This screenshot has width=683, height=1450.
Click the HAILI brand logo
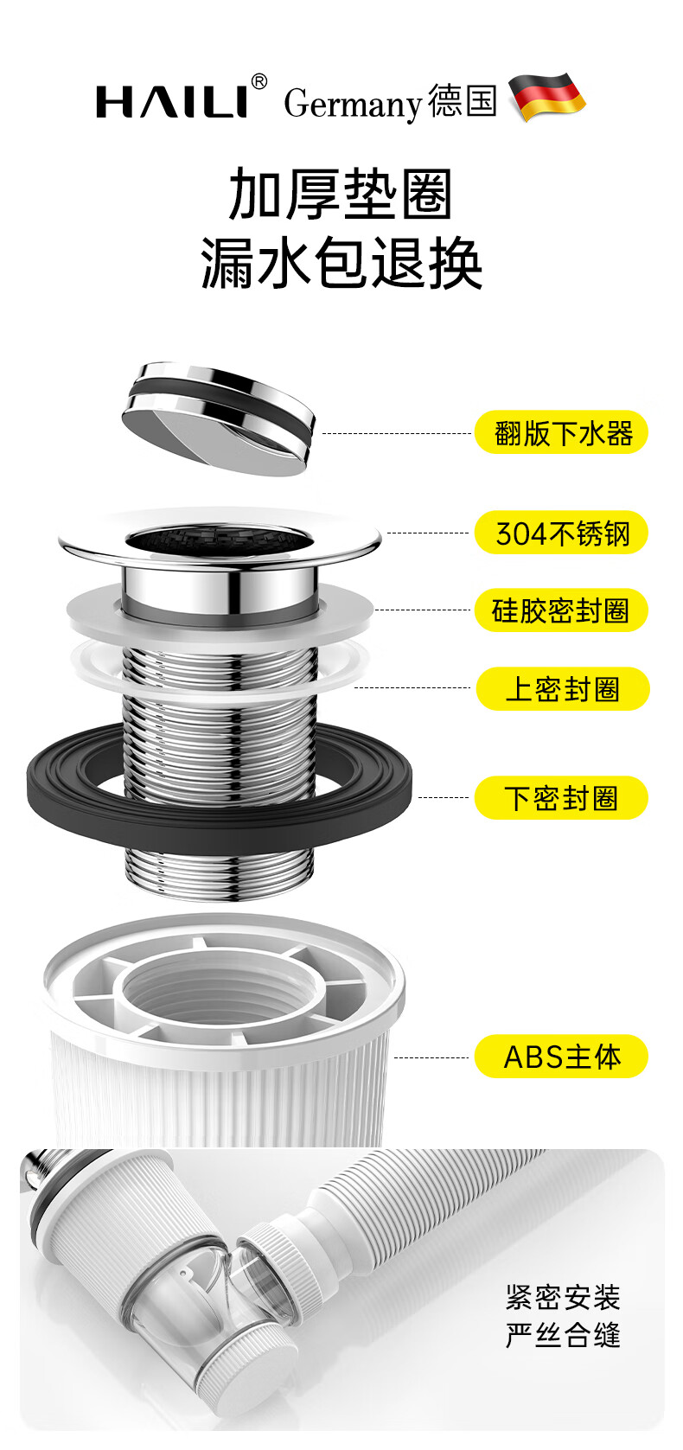point(172,101)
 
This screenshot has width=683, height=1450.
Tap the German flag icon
point(546,97)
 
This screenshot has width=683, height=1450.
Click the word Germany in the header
point(352,104)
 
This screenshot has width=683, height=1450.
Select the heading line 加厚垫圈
point(341,195)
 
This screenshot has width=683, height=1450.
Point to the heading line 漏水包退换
point(341,263)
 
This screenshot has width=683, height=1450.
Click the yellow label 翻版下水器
point(561,432)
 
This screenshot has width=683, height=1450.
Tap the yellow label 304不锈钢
point(561,533)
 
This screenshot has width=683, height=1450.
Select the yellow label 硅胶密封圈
point(561,610)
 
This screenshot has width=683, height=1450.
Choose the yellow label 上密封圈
point(562,689)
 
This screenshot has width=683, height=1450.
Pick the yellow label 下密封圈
point(561,797)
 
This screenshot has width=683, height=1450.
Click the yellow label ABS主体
point(561,1057)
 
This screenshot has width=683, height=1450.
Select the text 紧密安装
point(563,1298)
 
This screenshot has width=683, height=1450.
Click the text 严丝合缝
point(563,1336)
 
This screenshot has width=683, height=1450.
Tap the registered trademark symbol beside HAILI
point(259,82)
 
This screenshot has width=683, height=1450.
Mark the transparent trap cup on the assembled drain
point(186,1297)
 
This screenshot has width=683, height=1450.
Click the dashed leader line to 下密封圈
point(444,797)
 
